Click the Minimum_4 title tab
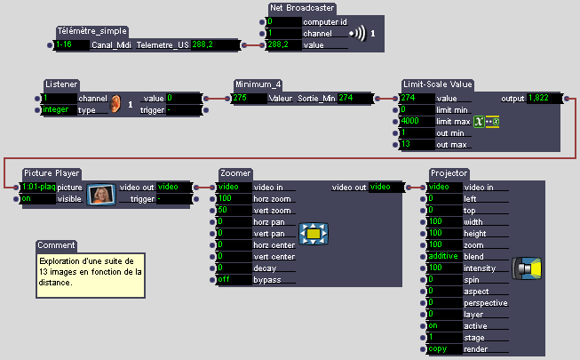click(x=258, y=84)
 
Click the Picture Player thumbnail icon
click(x=102, y=193)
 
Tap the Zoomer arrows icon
click(x=314, y=234)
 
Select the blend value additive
click(x=443, y=256)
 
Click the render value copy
click(x=443, y=348)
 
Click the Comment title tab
click(x=57, y=245)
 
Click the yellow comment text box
click(x=90, y=271)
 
